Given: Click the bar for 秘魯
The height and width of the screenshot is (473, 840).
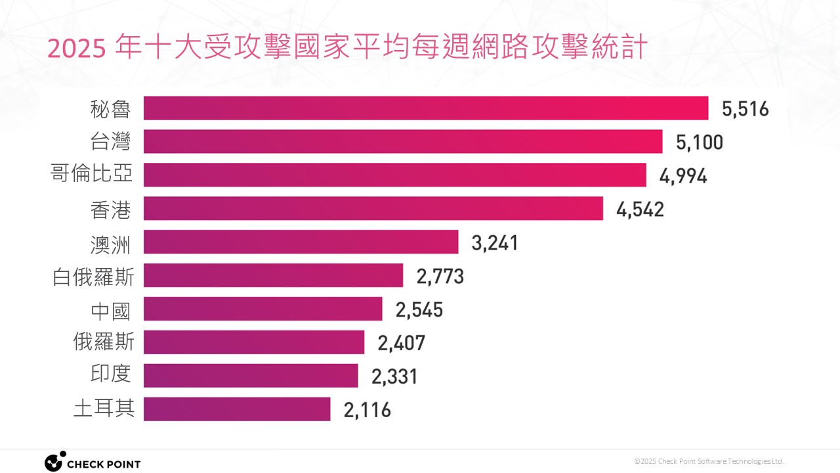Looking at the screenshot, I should pyautogui.click(x=425, y=108).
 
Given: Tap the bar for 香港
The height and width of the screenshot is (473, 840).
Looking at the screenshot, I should pyautogui.click(x=373, y=209).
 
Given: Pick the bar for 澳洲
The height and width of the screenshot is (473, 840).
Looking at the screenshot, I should pyautogui.click(x=301, y=242).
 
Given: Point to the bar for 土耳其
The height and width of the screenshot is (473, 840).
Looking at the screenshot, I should pyautogui.click(x=237, y=409).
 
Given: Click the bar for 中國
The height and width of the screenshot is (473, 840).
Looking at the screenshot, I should pyautogui.click(x=262, y=309).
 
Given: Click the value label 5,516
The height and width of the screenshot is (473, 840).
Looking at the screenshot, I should pyautogui.click(x=745, y=109).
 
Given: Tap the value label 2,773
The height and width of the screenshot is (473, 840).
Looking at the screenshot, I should pyautogui.click(x=440, y=276).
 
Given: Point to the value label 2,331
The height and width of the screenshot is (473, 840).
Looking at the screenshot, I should pyautogui.click(x=394, y=376).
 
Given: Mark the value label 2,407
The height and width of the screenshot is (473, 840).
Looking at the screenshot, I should pyautogui.click(x=402, y=343).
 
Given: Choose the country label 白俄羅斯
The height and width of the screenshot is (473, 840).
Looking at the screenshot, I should pyautogui.click(x=93, y=276).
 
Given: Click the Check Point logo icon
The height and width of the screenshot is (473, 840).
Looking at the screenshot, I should pyautogui.click(x=54, y=461).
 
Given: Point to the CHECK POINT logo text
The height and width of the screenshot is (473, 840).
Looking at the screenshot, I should pyautogui.click(x=104, y=464).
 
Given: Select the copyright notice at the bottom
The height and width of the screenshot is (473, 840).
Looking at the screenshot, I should pyautogui.click(x=709, y=461).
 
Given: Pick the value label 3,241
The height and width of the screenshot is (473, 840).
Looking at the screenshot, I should pyautogui.click(x=495, y=243).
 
